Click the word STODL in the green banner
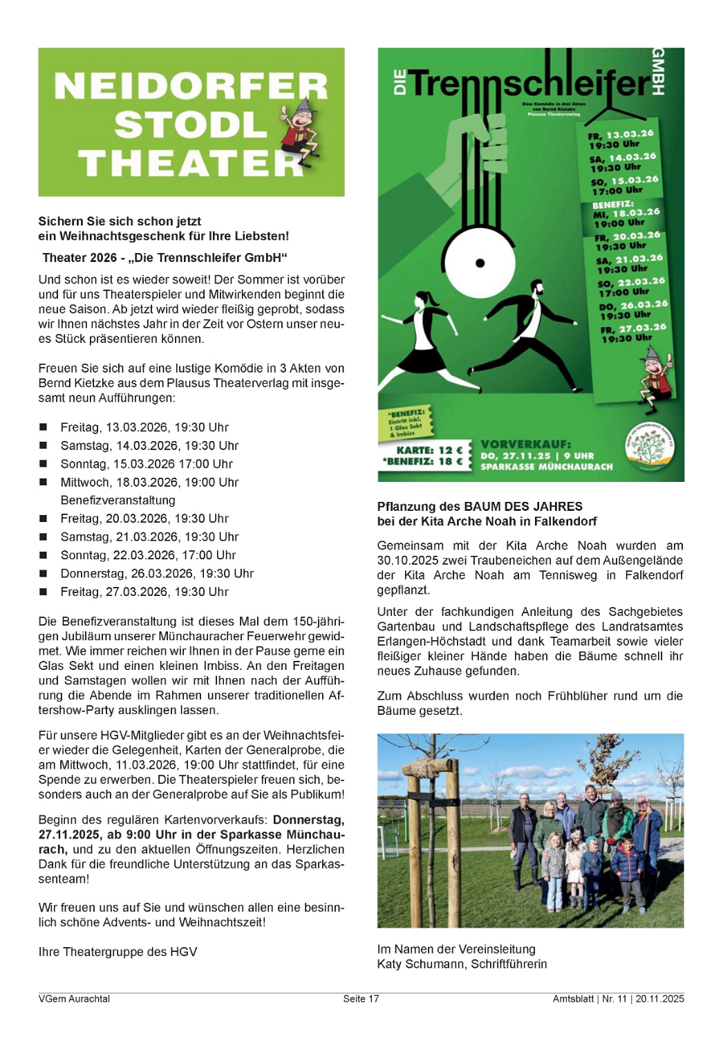coord(190,125)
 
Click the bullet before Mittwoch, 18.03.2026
coord(44,482)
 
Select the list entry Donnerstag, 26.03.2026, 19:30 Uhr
coord(157,573)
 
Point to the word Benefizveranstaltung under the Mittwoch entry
coord(118,500)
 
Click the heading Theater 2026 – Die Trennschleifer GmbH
coord(165,257)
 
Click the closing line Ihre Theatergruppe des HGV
coord(118,951)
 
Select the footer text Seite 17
coord(361,998)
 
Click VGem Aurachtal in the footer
coord(74,998)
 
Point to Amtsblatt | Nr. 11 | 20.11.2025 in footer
coord(618,998)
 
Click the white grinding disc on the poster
coord(480,262)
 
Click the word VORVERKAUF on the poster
coord(525,444)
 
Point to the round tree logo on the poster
coord(649,446)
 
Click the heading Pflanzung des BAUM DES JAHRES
coord(480,506)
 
